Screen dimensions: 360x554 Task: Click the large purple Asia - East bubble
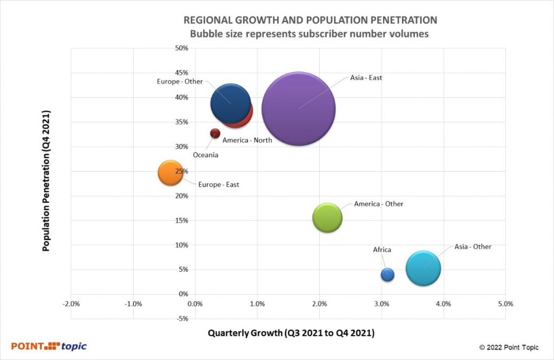(x=299, y=108)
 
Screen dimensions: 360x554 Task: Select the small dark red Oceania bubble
(x=215, y=133)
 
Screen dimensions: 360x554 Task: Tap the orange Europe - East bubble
(x=170, y=172)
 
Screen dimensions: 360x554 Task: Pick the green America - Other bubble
(x=327, y=218)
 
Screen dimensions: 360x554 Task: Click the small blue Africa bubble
(x=387, y=274)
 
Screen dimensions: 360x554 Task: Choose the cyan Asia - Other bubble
(x=423, y=268)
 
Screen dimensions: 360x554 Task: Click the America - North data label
(x=247, y=140)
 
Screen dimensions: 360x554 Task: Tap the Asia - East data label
(x=366, y=78)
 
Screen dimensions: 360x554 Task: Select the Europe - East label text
(x=219, y=185)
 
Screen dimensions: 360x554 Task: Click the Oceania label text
(x=206, y=155)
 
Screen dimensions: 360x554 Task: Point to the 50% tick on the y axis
(x=181, y=48)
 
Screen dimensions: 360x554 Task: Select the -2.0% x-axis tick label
(x=71, y=304)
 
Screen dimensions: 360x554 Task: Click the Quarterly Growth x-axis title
(x=291, y=333)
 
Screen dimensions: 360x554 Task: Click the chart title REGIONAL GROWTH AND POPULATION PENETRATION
(x=311, y=20)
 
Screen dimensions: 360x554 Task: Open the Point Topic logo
(x=49, y=346)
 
